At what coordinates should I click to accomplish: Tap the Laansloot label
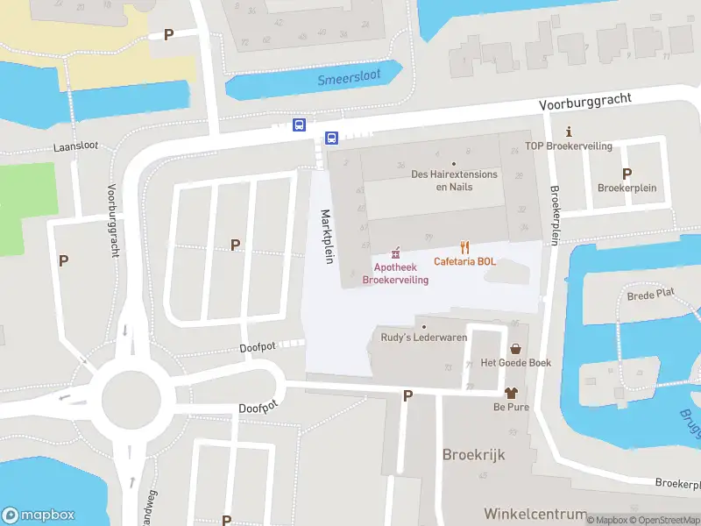point(75,146)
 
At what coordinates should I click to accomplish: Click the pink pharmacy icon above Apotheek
point(396,252)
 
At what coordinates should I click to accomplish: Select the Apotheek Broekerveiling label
point(396,274)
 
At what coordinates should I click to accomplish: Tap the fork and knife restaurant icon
point(464,248)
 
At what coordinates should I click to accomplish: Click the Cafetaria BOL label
point(464,262)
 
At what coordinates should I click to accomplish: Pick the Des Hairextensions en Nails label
point(454,181)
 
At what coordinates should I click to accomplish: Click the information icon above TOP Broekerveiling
point(569,131)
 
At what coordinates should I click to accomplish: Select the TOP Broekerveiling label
point(569,146)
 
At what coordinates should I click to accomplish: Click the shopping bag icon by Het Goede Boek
point(514,348)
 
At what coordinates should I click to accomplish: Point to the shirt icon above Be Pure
point(513,394)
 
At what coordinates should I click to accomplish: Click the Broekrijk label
point(474,456)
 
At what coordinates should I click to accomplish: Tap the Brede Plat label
point(650,296)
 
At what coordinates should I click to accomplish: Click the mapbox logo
point(39,515)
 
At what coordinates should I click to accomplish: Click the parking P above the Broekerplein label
point(627,174)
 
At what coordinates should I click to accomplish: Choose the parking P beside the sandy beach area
point(169,34)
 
